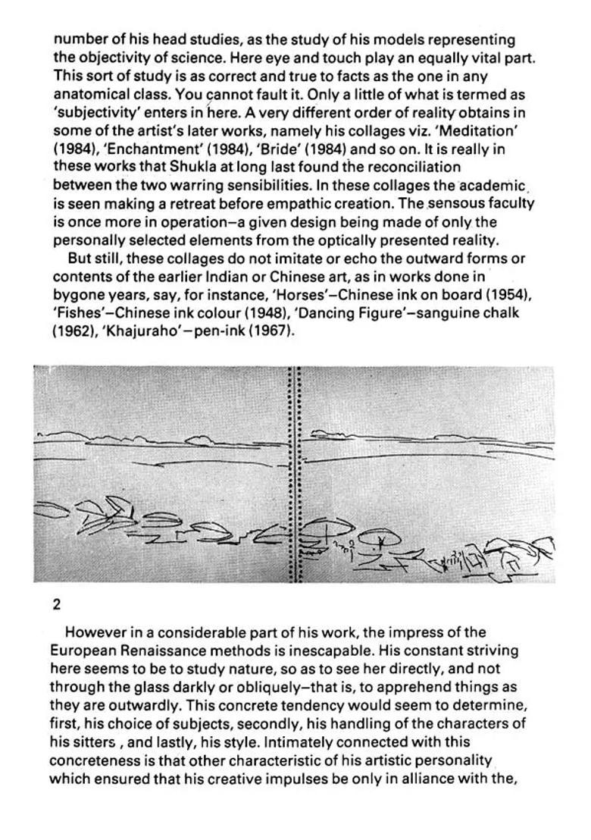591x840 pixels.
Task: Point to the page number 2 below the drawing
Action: tap(57, 604)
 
